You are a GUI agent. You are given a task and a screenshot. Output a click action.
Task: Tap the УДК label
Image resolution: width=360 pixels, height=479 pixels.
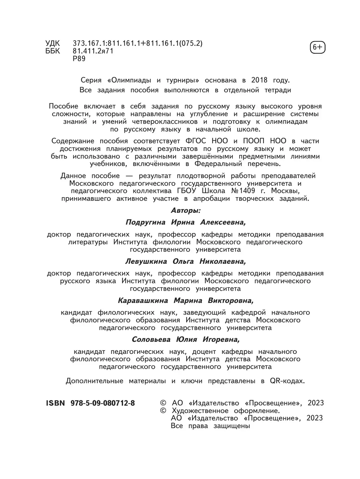52,44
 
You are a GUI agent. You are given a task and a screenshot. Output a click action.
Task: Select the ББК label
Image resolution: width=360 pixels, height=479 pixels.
52,51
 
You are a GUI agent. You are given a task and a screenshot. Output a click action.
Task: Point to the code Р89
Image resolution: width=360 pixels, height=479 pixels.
79,59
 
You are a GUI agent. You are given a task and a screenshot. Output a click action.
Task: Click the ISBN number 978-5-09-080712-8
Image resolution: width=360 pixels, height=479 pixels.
103,403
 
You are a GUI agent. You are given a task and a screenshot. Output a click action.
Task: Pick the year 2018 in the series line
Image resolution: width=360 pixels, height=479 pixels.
259,80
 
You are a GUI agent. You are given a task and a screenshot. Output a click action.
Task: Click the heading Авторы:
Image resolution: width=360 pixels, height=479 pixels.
186,210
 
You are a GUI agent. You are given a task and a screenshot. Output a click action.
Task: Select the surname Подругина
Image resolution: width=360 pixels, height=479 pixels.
145,222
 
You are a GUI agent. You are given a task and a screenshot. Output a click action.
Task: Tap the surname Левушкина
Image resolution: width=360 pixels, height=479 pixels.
146,261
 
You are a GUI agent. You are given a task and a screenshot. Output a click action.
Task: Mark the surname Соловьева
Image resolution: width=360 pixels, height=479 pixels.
151,339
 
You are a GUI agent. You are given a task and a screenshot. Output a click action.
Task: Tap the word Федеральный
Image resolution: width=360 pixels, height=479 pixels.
218,164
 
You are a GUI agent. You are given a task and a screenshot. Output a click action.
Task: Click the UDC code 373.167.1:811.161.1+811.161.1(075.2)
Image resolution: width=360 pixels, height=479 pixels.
138,44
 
